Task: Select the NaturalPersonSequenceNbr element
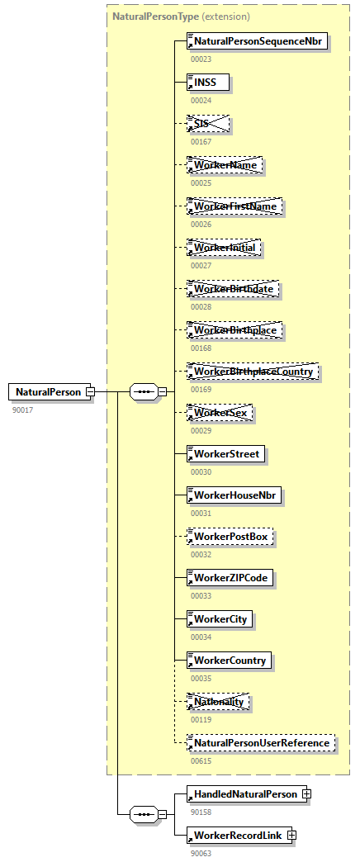[x=258, y=40]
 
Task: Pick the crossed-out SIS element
[x=207, y=123]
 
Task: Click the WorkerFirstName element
[x=234, y=206]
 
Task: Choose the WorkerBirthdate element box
[x=233, y=288]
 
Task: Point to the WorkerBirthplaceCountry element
[x=253, y=371]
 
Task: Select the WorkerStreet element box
[x=226, y=453]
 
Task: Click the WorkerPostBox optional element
[x=230, y=536]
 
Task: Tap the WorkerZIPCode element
[x=230, y=577]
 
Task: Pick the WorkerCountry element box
[x=230, y=660]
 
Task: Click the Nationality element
[x=219, y=701]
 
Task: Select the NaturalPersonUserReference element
[x=261, y=743]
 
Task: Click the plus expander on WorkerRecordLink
[x=291, y=836]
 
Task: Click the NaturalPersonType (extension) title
[x=181, y=16]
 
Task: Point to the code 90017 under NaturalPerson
[x=23, y=410]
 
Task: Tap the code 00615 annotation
[x=201, y=760]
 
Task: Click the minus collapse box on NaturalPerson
[x=90, y=391]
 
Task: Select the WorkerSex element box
[x=220, y=412]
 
